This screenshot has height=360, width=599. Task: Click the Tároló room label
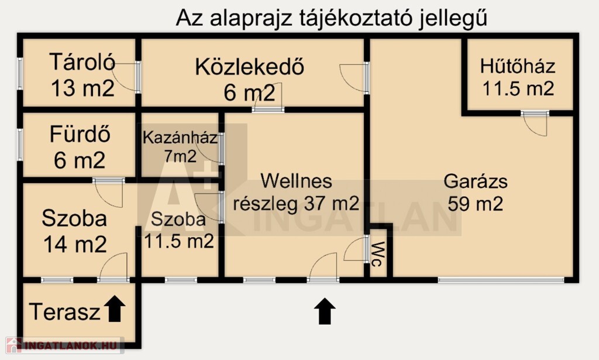click(82, 62)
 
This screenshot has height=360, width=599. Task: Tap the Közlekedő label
click(249, 67)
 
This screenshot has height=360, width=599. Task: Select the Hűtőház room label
click(518, 66)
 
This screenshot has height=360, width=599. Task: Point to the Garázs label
click(476, 181)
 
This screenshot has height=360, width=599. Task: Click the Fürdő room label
click(80, 134)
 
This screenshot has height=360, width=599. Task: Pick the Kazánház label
click(180, 138)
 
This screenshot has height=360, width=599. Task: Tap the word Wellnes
click(296, 180)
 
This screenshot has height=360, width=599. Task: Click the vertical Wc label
click(377, 254)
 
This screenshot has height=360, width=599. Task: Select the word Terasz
click(64, 311)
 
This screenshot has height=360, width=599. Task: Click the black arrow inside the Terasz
click(115, 308)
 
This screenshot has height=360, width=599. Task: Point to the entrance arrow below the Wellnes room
click(325, 311)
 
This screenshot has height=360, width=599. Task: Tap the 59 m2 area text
click(475, 203)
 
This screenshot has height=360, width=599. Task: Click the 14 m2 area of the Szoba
click(75, 244)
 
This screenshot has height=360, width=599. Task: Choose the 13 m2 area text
click(82, 88)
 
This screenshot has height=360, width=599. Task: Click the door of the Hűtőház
click(535, 123)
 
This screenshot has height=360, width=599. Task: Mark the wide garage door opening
click(501, 280)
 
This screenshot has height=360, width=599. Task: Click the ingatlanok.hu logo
click(63, 345)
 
